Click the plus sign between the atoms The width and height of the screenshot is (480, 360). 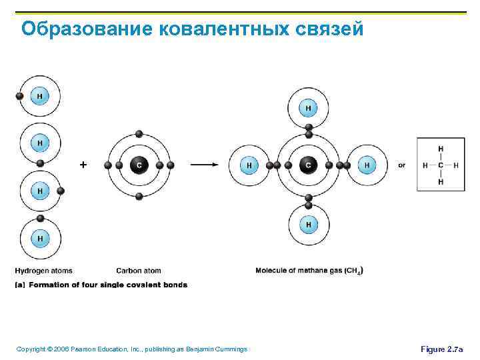point(83,164)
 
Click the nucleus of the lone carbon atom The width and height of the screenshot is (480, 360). point(139,165)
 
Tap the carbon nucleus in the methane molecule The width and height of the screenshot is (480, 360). point(308,165)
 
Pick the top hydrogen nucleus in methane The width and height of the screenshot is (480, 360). point(308,107)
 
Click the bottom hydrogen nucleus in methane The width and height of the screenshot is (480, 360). point(308,225)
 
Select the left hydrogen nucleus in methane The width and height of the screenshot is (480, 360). point(249,165)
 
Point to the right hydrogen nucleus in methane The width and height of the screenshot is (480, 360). point(366,165)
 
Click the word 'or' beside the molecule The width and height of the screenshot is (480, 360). point(401,165)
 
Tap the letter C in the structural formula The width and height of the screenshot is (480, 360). point(441,165)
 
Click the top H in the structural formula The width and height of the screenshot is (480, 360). point(441,149)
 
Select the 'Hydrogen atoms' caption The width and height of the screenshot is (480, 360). point(43,271)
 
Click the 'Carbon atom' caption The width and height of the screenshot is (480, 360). point(139,271)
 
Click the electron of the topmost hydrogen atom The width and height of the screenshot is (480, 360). point(19,96)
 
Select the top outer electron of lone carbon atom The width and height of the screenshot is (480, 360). point(139,133)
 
